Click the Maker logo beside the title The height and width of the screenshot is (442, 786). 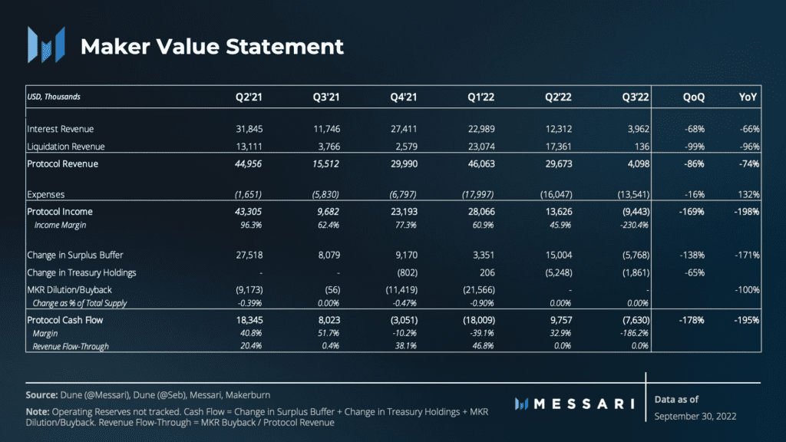(46, 45)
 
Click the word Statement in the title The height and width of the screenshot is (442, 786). (285, 47)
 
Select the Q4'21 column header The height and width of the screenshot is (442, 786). (404, 97)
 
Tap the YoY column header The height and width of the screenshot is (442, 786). (748, 97)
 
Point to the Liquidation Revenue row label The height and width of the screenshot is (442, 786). (66, 147)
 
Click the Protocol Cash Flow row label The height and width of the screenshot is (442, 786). (64, 320)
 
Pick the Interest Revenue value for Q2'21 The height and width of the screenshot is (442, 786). (249, 129)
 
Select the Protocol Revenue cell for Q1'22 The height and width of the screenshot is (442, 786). (481, 164)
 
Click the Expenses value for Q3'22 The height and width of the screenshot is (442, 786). (633, 194)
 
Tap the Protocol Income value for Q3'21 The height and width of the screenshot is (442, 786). (328, 212)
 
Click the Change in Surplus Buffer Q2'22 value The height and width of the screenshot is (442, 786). (559, 255)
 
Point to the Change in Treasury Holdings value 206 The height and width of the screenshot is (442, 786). (487, 272)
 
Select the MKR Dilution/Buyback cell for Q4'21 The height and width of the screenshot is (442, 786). (401, 289)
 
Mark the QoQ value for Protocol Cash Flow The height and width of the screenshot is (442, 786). (692, 320)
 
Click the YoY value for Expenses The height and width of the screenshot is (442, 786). (749, 194)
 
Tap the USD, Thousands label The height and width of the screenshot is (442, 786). (54, 97)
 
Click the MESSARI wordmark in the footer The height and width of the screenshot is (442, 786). (574, 404)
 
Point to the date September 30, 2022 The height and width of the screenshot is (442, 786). (695, 417)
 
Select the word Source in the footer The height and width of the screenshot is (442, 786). (42, 395)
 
